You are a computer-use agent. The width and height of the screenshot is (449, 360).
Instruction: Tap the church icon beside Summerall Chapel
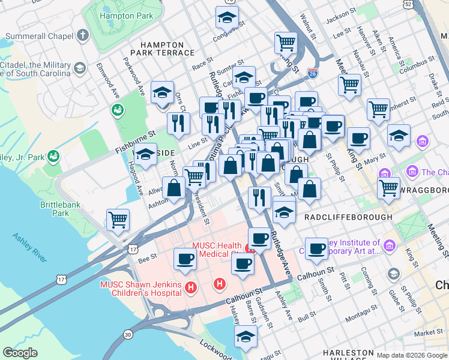click(83, 35)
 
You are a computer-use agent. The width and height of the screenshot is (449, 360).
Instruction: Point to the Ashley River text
click(29, 247)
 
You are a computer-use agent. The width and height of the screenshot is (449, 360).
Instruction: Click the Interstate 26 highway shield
click(312, 72)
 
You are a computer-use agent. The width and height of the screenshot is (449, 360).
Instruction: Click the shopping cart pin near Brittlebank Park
click(118, 220)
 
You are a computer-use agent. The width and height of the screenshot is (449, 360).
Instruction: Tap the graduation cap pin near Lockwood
click(246, 337)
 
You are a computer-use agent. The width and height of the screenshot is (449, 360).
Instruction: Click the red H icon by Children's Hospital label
click(191, 288)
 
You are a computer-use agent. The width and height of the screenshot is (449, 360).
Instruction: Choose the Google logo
click(20, 352)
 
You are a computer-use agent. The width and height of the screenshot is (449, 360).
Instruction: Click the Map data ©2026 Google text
click(412, 355)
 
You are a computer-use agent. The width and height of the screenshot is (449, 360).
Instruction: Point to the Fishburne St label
click(136, 142)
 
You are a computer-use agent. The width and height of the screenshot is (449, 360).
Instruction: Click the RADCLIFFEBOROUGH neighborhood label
click(348, 217)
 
